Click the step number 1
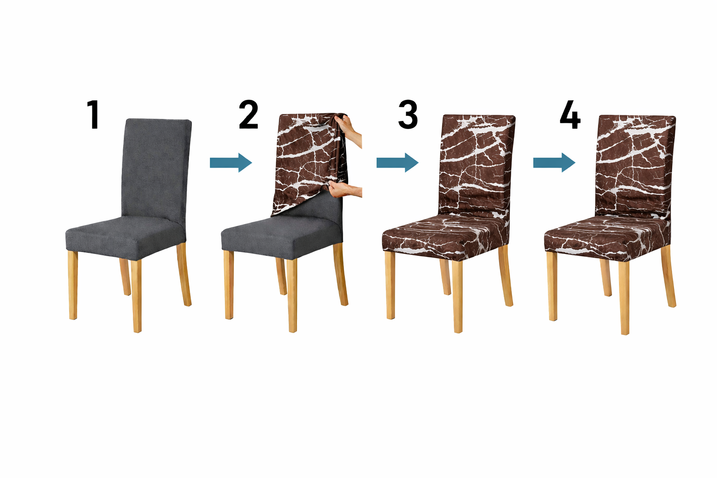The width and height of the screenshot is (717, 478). click(x=93, y=114)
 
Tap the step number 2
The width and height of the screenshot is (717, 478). click(x=248, y=114)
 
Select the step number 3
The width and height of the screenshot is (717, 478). click(x=408, y=114)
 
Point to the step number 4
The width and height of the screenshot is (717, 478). click(x=570, y=114)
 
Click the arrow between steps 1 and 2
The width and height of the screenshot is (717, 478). click(x=231, y=162)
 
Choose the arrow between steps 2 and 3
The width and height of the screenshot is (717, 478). click(x=397, y=162)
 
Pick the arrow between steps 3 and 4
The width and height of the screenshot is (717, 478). click(x=554, y=162)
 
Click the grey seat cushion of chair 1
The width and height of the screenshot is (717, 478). click(x=126, y=238)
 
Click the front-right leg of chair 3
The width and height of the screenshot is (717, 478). click(x=457, y=296)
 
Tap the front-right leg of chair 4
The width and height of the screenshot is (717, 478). click(x=624, y=298)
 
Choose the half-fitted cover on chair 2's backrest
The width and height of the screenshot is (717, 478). click(x=309, y=164)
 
